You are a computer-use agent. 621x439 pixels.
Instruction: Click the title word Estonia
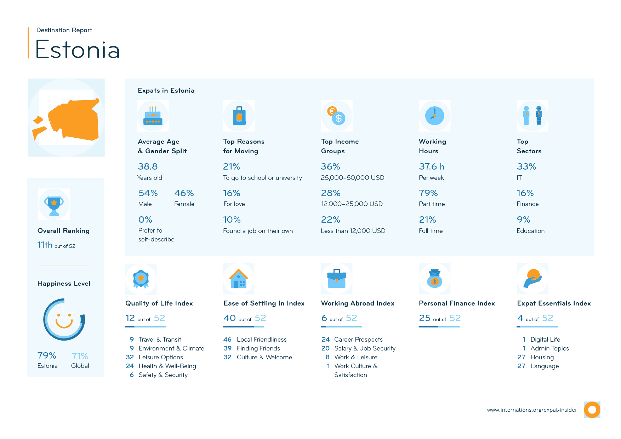pos(78,50)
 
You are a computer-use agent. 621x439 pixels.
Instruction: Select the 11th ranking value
pos(45,245)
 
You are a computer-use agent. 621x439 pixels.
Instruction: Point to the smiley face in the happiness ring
pos(64,320)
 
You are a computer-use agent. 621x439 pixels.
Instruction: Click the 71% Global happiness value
pos(80,356)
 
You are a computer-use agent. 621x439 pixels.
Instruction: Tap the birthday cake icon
pos(153,116)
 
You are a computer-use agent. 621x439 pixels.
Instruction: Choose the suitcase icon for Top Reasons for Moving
pos(239,116)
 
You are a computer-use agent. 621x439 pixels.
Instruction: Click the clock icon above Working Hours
pos(434,116)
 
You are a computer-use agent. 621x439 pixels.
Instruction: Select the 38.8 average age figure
pos(148,167)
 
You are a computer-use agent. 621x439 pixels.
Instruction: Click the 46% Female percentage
pos(184,193)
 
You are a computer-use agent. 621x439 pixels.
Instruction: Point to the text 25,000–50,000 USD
pos(352,178)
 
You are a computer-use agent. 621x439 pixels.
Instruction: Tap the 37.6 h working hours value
pos(431,167)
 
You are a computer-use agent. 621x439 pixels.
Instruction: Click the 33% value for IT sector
pos(526,167)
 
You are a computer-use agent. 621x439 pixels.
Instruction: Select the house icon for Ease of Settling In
pos(239,279)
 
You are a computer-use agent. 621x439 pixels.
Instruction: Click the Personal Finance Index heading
pos(457,303)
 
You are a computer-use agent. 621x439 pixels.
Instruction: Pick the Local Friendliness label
pos(262,340)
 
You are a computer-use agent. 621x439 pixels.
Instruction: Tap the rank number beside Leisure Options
pos(130,357)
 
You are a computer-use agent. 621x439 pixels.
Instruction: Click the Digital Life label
pos(545,340)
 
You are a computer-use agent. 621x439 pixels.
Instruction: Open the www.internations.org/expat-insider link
pos(532,410)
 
